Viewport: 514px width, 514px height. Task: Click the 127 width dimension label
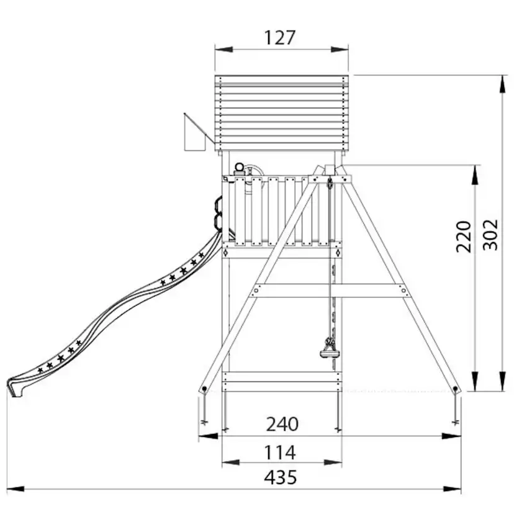[279, 38]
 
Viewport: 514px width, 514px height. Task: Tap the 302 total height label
[491, 235]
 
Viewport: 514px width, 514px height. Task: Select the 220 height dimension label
[464, 237]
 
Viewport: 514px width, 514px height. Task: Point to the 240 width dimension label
[282, 424]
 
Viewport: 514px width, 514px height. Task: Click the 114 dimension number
[280, 453]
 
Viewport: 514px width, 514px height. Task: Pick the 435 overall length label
[281, 477]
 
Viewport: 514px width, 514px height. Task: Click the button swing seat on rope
[328, 354]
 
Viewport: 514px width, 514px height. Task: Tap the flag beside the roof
[194, 135]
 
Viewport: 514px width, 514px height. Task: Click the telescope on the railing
[238, 171]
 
